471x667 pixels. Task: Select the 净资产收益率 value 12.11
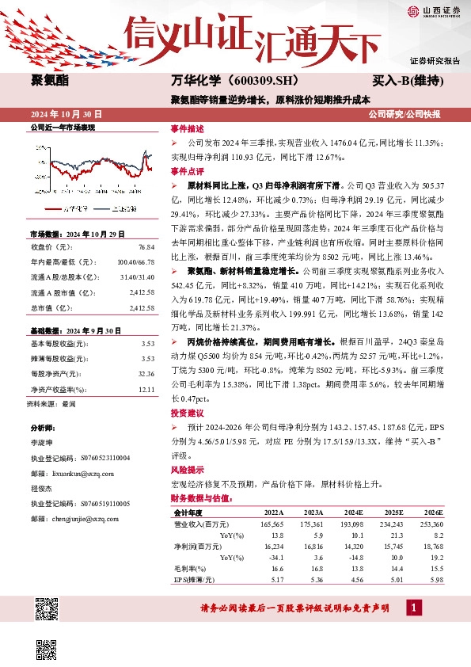[x=145, y=390]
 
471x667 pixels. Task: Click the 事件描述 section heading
[x=188, y=128]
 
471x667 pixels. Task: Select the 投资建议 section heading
[x=188, y=413]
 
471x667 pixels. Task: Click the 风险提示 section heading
[x=188, y=468]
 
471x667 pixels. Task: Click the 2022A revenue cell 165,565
[x=272, y=524]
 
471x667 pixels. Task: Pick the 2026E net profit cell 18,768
[x=432, y=547]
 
